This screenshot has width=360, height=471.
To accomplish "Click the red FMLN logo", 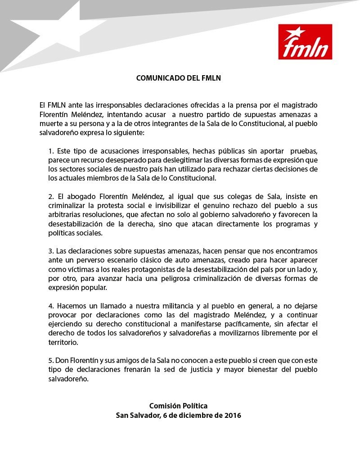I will click(305, 42).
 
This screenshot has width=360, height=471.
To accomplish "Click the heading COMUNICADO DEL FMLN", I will click(179, 78).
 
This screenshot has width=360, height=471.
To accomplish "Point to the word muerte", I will click(50, 124).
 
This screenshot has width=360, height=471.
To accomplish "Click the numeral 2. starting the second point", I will click(51, 196).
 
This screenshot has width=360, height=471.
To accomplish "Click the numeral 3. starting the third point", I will click(51, 250).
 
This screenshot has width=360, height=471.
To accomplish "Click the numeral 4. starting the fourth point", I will click(51, 306).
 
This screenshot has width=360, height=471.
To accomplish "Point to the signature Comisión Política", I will click(179, 406).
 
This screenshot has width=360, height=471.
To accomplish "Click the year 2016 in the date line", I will click(232, 415).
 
